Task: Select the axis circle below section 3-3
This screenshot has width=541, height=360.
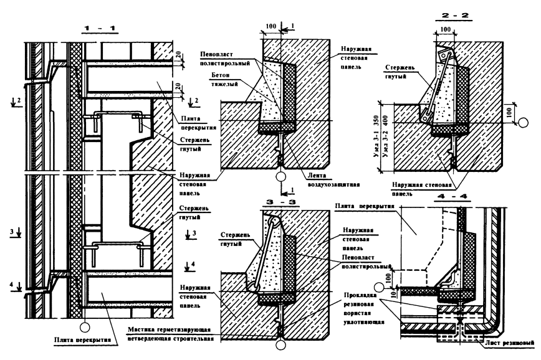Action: click(282, 344)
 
